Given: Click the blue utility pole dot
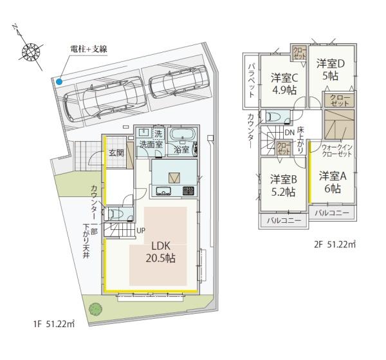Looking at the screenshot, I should [59, 82].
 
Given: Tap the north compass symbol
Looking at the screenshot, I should [30, 51].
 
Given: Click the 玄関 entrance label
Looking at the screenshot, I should [116, 153].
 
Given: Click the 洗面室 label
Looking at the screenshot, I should [152, 145].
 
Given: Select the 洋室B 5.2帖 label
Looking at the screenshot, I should [283, 185].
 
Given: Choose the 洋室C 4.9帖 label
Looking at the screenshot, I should [283, 83].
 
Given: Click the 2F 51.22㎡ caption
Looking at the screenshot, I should [335, 244].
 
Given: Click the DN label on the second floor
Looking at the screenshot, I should [289, 133].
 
